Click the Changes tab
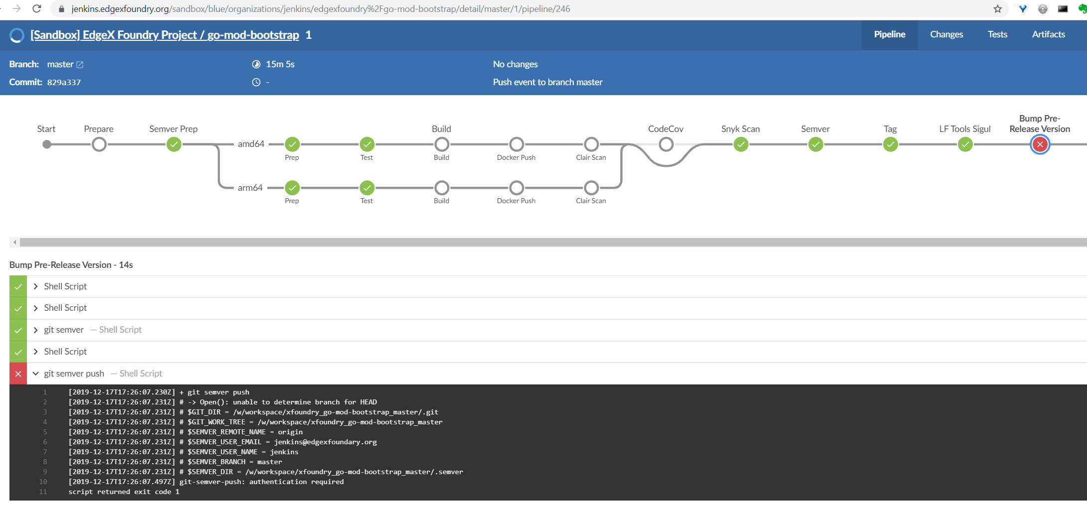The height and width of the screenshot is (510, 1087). pyautogui.click(x=946, y=34)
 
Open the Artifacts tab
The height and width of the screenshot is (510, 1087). pyautogui.click(x=1048, y=34)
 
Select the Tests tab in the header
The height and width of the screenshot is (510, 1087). pyautogui.click(x=997, y=34)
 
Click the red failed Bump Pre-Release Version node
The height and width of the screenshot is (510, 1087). pyautogui.click(x=1040, y=144)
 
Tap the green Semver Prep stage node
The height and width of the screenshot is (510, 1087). pyautogui.click(x=174, y=144)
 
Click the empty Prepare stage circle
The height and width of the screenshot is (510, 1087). pyautogui.click(x=99, y=144)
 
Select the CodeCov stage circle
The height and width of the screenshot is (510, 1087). pyautogui.click(x=666, y=144)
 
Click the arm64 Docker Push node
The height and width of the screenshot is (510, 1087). pyautogui.click(x=516, y=188)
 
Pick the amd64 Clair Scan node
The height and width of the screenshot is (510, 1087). pyautogui.click(x=591, y=144)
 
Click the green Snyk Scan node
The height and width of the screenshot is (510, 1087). pyautogui.click(x=740, y=144)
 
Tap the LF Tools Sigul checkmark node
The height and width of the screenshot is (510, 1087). pyautogui.click(x=965, y=144)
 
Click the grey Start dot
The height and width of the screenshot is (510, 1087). pyautogui.click(x=46, y=144)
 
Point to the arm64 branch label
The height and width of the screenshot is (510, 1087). pyautogui.click(x=250, y=188)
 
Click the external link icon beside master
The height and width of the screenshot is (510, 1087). pyautogui.click(x=80, y=65)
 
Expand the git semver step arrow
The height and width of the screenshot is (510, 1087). pyautogui.click(x=35, y=330)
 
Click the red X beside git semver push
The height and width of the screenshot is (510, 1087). pyautogui.click(x=18, y=374)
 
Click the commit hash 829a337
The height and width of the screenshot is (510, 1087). pyautogui.click(x=64, y=83)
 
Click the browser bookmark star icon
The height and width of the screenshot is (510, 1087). pyautogui.click(x=997, y=9)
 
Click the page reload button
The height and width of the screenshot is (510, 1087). pyautogui.click(x=36, y=9)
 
